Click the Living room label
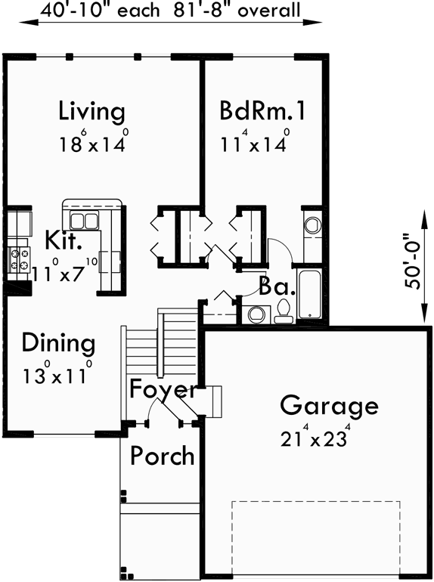point(91,112)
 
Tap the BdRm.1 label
point(262,112)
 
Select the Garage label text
point(329,406)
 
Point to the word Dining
point(58,344)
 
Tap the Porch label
point(162,456)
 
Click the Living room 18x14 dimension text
point(92,143)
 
